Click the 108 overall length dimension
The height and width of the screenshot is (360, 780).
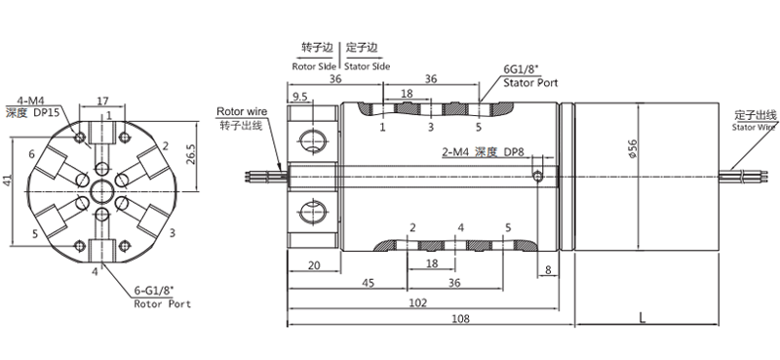tap(461, 318)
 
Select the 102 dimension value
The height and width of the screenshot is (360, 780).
tap(418, 302)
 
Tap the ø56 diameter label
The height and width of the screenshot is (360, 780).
tap(633, 149)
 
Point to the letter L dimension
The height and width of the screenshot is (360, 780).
tap(643, 318)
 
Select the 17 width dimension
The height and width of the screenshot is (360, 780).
tap(102, 101)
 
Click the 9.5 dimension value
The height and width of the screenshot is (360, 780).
tap(299, 97)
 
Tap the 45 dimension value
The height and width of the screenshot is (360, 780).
tap(368, 283)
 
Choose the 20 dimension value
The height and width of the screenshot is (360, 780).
tap(314, 265)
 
